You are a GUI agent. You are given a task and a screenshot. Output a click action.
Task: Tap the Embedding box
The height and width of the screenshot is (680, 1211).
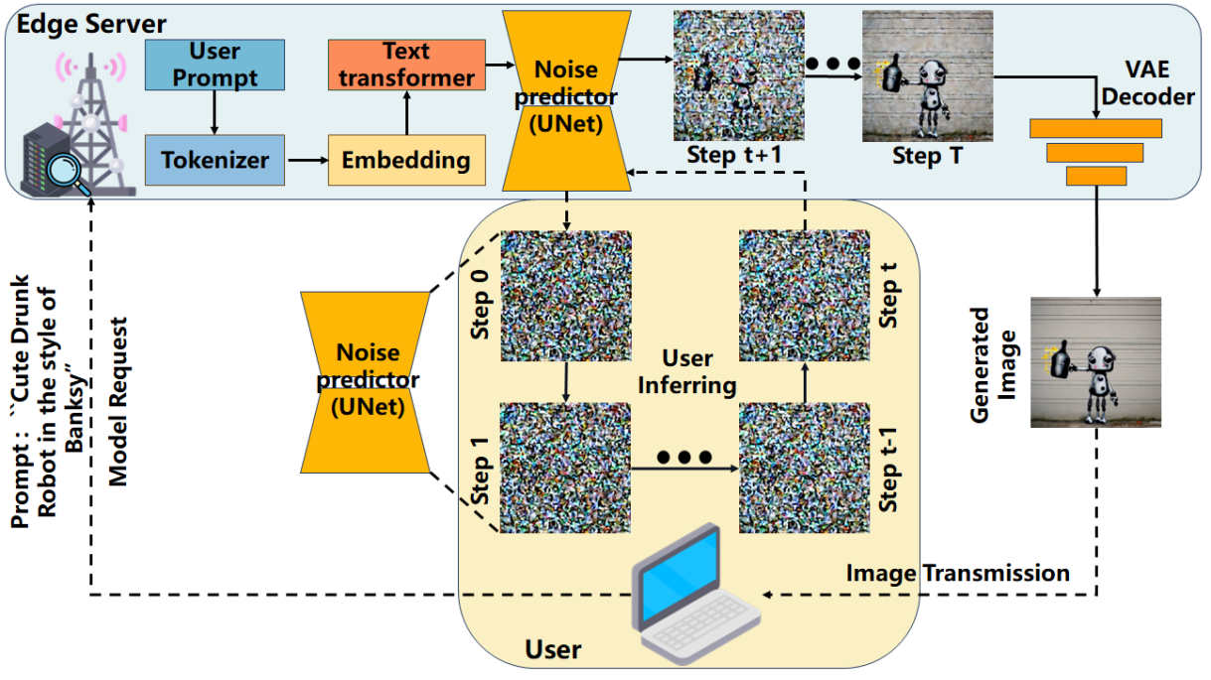[x=406, y=160]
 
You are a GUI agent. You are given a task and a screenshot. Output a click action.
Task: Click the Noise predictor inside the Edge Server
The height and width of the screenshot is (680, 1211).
[x=565, y=99]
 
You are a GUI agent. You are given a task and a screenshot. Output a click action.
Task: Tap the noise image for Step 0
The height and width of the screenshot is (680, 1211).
[x=565, y=297]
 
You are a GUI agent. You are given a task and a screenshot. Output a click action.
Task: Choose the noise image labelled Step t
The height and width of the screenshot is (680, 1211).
[x=803, y=297]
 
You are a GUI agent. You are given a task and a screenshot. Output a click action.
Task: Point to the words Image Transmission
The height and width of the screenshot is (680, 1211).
[x=958, y=573]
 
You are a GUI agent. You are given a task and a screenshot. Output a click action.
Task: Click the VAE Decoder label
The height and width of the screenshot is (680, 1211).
[x=1150, y=85]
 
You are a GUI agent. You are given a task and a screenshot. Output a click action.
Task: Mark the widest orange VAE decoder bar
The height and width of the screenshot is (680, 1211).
[x=1096, y=128]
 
